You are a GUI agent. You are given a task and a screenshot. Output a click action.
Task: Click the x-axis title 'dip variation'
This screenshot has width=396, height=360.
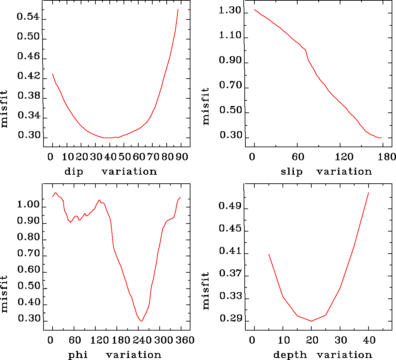pos(110,172)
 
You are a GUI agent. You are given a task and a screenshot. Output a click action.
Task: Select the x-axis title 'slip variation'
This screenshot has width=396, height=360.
pos(326,172)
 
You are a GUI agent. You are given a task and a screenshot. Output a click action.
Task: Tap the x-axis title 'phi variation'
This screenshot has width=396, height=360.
pos(114,355)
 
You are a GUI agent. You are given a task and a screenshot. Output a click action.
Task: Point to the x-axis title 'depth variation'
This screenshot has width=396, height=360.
pos(323,355)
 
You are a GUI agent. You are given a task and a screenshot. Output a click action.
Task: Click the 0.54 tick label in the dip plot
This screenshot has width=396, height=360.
pos(28,17)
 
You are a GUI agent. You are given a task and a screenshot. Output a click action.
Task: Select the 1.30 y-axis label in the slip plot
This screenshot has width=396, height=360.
pos(230,11)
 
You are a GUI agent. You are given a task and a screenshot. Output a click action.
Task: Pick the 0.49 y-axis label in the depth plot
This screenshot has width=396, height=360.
pos(230,206)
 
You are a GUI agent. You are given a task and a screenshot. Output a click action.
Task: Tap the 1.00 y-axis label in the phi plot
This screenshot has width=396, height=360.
pos(28,204)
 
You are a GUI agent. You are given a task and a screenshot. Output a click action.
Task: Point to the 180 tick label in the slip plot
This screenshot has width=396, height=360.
pos(389,157)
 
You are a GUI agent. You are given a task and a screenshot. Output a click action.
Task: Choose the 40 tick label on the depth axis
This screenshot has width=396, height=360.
pos(369,340)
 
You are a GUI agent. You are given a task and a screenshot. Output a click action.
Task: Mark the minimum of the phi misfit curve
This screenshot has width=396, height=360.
pos(142,321)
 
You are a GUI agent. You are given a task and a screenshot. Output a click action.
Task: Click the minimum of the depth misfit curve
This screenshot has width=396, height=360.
pos(311,321)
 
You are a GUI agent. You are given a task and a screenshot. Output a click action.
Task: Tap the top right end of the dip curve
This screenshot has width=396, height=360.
pos(178,9)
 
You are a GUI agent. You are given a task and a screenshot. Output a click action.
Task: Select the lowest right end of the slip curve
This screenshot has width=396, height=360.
pos(381,138)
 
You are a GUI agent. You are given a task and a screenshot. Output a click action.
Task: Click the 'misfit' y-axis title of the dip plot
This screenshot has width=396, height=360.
pos(4,109)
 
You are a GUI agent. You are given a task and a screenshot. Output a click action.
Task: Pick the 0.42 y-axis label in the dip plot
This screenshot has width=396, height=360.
pos(28,76)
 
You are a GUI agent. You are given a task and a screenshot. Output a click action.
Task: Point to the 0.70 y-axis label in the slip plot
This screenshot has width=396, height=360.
pos(230,85)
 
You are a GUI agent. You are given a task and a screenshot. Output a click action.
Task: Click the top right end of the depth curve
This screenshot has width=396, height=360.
pos(369,193)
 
